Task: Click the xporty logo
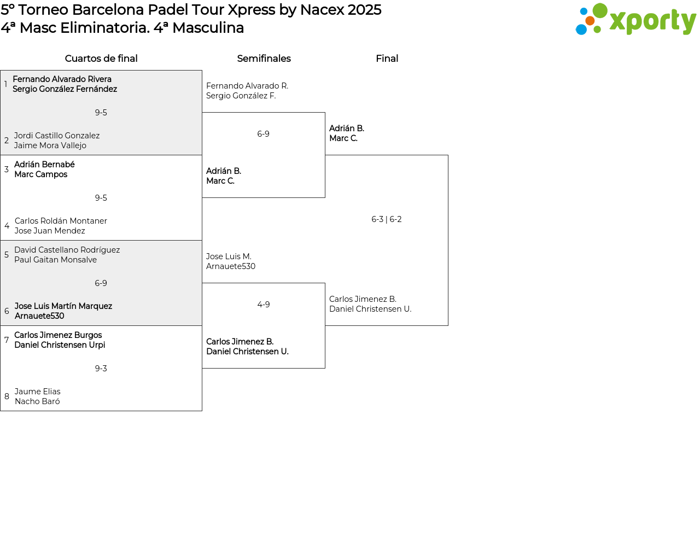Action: (x=635, y=19)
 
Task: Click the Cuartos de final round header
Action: (x=101, y=59)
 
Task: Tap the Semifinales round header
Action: (x=264, y=59)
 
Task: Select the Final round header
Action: (x=387, y=59)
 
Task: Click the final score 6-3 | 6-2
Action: (x=387, y=219)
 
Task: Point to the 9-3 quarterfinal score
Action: (x=101, y=368)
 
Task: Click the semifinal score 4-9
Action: (x=264, y=305)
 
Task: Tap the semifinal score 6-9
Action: (x=263, y=133)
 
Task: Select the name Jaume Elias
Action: (x=37, y=392)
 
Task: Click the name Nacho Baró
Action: (x=37, y=401)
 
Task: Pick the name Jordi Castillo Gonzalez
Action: (x=57, y=136)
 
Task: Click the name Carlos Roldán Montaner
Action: (x=61, y=221)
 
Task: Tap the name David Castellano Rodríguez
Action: (x=67, y=250)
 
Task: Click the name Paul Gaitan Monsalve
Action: (x=55, y=260)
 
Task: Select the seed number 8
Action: (x=7, y=396)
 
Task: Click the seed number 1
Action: (x=6, y=84)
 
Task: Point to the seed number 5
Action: (x=7, y=255)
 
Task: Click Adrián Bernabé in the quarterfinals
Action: (x=44, y=165)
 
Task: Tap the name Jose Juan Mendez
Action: (x=50, y=231)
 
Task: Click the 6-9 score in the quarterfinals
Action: (x=101, y=283)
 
